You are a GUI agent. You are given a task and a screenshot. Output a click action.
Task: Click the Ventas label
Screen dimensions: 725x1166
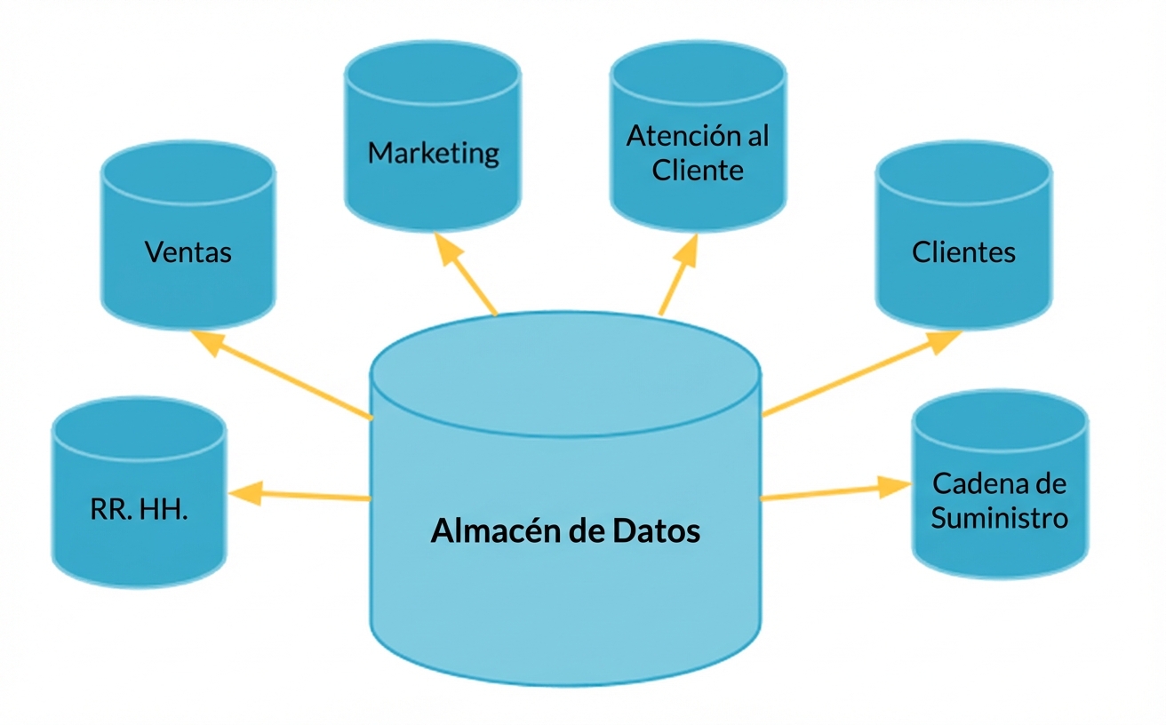pos(188,252)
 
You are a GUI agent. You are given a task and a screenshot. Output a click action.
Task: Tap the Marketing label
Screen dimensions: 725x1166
pos(434,153)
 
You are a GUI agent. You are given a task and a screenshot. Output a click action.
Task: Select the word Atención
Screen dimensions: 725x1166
pos(672,136)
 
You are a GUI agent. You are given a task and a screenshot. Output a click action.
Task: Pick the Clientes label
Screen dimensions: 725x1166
pos(963,252)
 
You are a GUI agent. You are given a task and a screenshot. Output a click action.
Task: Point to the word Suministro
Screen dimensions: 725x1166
pos(999,517)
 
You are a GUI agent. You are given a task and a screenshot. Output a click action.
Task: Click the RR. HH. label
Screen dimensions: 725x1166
pos(140,511)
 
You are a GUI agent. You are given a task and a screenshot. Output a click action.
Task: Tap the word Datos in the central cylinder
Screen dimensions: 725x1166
pos(656,531)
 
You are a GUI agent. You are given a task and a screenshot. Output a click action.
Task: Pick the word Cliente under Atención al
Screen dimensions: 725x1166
pos(698,169)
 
